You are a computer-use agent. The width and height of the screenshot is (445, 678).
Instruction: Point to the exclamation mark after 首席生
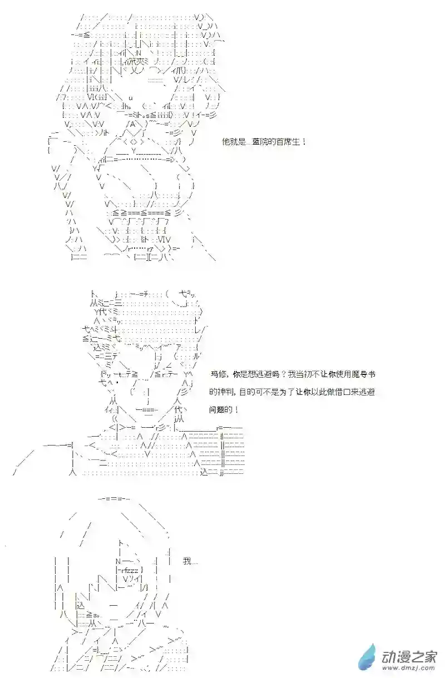[x=304, y=142]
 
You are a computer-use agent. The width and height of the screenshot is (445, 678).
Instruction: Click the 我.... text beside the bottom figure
[x=190, y=561]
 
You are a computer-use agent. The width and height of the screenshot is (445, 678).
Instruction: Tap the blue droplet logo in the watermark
[x=368, y=657]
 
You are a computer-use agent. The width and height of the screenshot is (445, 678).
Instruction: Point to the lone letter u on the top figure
[x=130, y=97]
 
